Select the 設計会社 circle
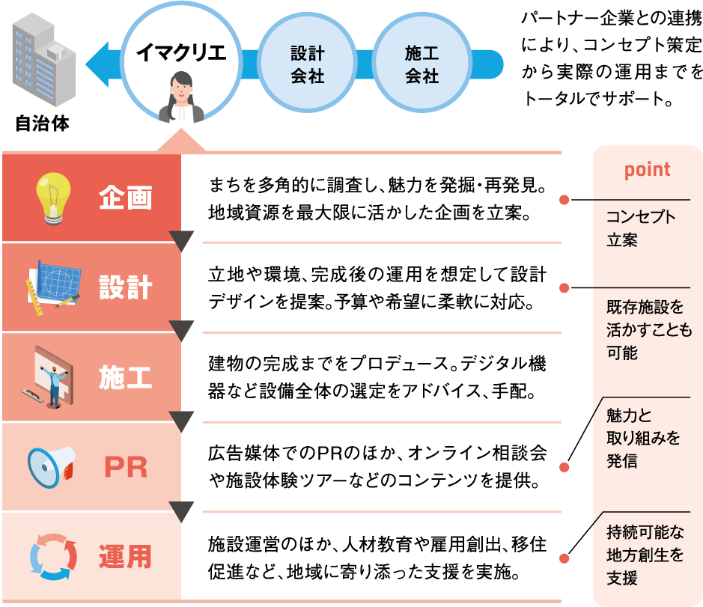point(307,64)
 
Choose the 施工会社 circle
point(422,64)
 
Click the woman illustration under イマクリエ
point(181,99)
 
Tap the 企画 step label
point(125,198)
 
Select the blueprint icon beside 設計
point(52,287)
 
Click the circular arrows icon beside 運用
point(52,557)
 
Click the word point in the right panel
point(648,170)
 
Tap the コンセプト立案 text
point(641,229)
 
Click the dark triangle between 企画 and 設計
point(182,241)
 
